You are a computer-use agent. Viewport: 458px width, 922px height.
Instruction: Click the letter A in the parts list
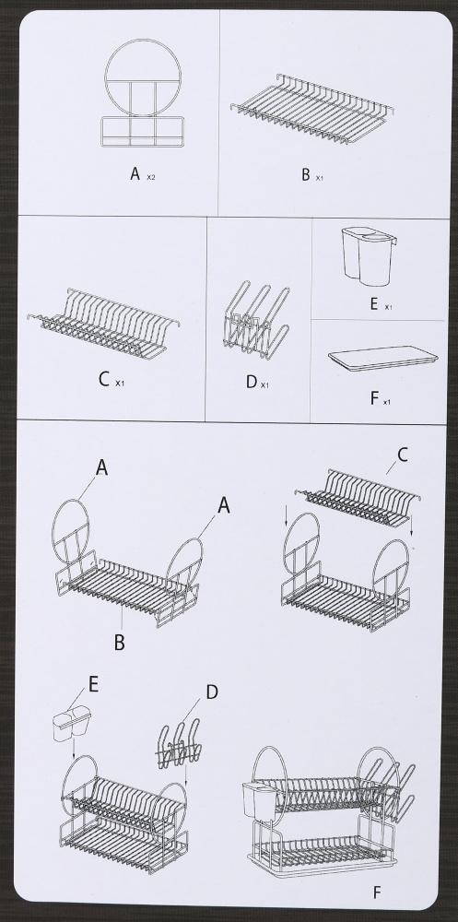(x=135, y=174)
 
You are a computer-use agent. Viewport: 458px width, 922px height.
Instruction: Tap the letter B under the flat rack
(x=306, y=174)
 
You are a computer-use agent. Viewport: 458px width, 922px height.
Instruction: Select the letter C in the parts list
(x=105, y=379)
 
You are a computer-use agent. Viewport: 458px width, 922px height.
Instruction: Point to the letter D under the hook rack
(x=252, y=383)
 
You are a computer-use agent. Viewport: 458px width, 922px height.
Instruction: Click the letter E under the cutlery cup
(x=374, y=304)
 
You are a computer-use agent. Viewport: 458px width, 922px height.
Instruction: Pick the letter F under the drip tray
(x=374, y=398)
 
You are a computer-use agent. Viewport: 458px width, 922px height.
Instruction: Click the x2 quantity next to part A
(x=151, y=178)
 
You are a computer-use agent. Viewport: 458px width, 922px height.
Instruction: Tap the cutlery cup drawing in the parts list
(x=366, y=256)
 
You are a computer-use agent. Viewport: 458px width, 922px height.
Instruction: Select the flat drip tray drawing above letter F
(x=382, y=359)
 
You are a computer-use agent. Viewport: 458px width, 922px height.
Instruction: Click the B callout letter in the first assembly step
(x=120, y=642)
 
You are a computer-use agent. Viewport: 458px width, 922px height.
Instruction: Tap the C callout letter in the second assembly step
(x=403, y=455)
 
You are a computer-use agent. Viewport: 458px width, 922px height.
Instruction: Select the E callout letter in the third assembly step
(x=93, y=684)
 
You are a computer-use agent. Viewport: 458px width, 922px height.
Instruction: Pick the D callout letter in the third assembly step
(x=212, y=692)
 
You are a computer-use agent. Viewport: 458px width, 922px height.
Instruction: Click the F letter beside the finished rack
(x=377, y=892)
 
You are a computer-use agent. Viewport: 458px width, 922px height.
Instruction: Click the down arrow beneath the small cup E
(x=73, y=748)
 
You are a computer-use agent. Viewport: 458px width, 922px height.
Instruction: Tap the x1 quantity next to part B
(x=319, y=178)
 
